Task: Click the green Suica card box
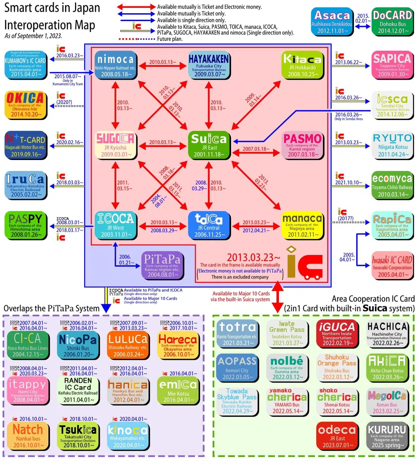tap(209, 145)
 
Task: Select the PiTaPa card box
tap(162, 265)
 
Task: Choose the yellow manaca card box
tap(302, 225)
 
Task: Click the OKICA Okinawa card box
tap(25, 105)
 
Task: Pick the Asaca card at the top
tap(332, 22)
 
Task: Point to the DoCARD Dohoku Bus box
tap(392, 22)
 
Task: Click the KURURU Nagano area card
tap(387, 436)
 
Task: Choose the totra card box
tap(237, 333)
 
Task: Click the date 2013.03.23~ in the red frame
tap(253, 257)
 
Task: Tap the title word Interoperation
tap(49, 25)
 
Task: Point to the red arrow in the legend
tap(136, 7)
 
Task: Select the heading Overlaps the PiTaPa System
tap(51, 308)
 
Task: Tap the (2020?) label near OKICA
tap(64, 102)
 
